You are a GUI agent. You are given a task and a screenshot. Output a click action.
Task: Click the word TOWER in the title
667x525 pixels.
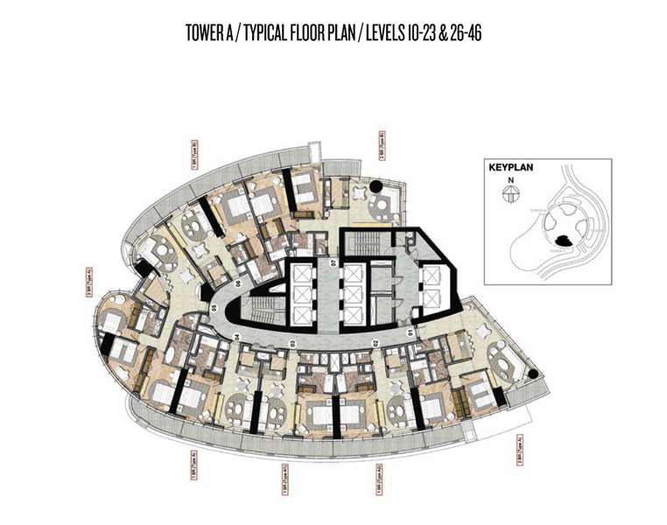pos(205,33)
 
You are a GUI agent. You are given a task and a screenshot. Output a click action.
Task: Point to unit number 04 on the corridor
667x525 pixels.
pos(236,336)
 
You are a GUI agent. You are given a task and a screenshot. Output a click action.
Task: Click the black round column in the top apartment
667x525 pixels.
pos(376,185)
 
